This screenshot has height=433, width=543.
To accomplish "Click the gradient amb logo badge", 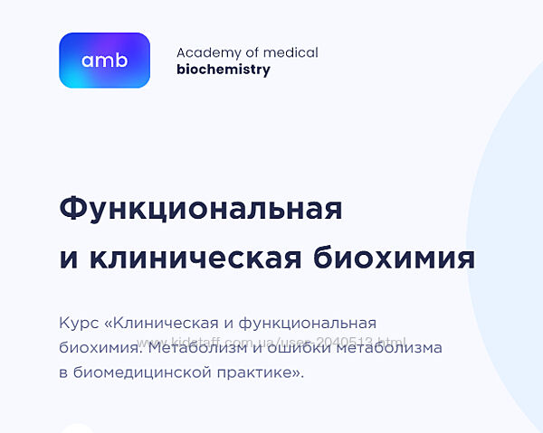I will (104, 61).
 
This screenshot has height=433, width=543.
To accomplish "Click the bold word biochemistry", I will (223, 70).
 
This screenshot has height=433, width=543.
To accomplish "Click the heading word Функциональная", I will (200, 209).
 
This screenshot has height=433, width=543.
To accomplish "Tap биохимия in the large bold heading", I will (392, 258).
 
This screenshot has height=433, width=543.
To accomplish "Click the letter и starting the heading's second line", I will (69, 259).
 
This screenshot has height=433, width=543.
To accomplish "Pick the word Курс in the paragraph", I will (79, 323).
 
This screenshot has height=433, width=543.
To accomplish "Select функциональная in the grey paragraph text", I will (311, 323).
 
